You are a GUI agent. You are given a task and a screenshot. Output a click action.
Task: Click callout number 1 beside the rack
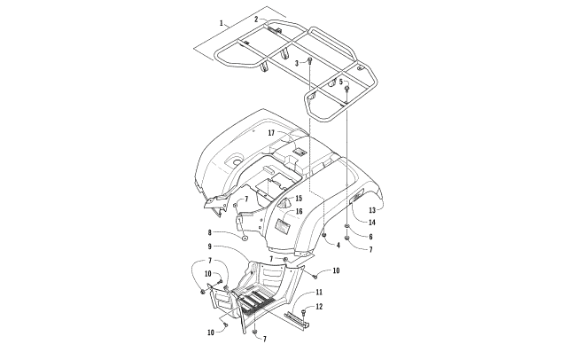pos(222,23)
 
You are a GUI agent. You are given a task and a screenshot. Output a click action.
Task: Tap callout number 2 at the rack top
pos(256,20)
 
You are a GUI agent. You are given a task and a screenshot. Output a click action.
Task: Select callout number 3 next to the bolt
pos(297,63)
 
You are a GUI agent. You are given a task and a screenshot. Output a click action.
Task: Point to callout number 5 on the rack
pos(340,82)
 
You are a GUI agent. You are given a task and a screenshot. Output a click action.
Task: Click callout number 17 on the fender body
pos(271,133)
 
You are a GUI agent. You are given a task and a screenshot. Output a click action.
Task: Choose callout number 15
pos(299,199)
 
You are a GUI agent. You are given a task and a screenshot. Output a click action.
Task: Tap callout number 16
pos(299,211)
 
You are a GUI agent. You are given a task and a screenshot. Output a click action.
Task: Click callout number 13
pos(372,210)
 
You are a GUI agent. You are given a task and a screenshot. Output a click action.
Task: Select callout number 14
pos(372,223)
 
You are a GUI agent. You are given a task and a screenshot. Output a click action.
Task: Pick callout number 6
pos(370,237)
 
